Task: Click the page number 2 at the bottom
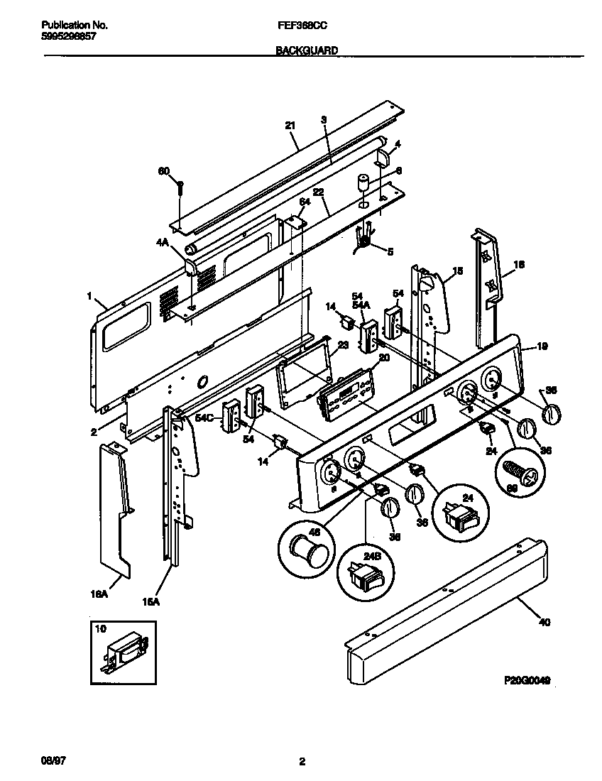coord(302,762)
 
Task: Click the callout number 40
coord(544,623)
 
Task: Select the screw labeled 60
coord(180,189)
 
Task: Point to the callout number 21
coord(290,126)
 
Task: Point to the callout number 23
coord(342,345)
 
